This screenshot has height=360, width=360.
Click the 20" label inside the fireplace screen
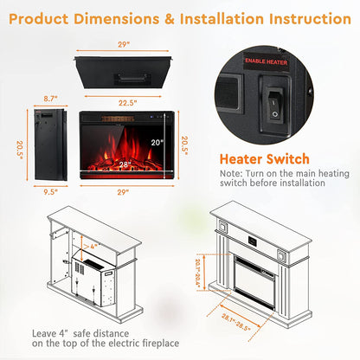157,142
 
